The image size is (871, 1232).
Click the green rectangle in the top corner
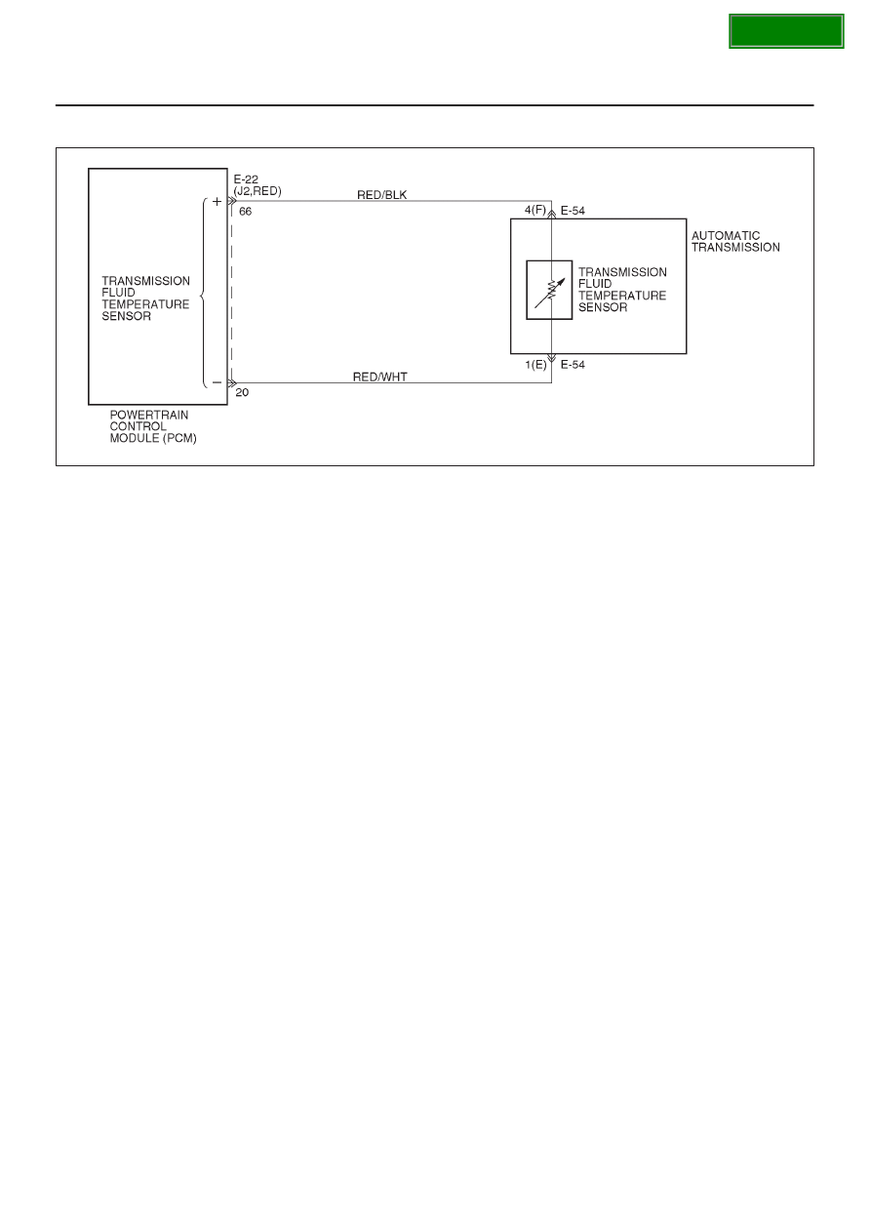coord(786,31)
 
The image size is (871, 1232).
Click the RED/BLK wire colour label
coord(381,195)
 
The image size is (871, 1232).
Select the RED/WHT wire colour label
coord(380,377)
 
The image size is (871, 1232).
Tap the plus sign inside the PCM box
coord(217,201)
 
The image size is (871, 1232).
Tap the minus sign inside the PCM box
coord(217,382)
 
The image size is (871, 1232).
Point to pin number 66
coord(245,212)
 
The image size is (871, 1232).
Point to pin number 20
coord(242,392)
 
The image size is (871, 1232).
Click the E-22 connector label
coord(246,179)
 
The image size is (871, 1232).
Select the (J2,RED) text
coord(257,191)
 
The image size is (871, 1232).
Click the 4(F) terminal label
coord(535,210)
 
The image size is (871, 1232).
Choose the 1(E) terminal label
coord(535,365)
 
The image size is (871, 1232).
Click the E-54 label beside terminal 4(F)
coord(573,211)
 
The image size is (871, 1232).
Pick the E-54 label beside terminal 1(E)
coord(573,365)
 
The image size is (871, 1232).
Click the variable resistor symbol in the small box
coord(550,292)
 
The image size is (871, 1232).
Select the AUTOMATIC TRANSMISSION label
coord(735,242)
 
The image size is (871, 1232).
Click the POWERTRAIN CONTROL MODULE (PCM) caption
coord(153,426)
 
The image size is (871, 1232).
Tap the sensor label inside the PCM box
coord(145,298)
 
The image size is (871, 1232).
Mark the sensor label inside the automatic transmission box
coord(622,290)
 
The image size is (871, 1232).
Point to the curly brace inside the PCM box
coord(204,293)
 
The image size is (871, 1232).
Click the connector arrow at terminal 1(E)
coord(551,358)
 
